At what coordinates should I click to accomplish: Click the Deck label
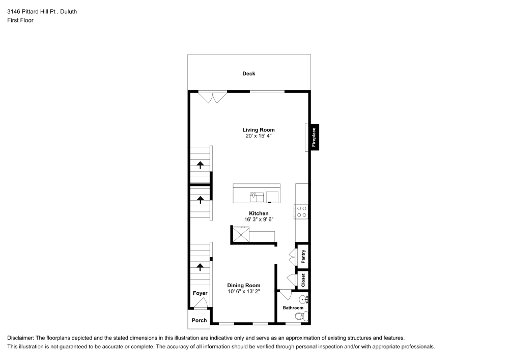(248, 74)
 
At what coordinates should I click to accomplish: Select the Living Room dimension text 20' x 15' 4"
(259, 136)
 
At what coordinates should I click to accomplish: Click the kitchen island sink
(257, 196)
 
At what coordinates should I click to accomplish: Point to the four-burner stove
(301, 211)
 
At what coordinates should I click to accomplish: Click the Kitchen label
(259, 213)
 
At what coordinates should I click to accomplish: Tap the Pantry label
(303, 256)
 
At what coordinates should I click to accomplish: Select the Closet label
(303, 280)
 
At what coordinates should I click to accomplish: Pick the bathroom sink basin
(302, 299)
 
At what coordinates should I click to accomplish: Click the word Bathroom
(293, 308)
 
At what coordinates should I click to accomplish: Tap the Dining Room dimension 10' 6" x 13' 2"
(244, 292)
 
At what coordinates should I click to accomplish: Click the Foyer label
(200, 293)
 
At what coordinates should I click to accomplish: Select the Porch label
(199, 320)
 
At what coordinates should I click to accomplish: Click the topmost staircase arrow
(200, 164)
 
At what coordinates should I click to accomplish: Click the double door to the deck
(212, 96)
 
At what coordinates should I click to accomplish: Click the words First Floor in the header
(20, 20)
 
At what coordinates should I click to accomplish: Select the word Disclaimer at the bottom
(20, 338)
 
